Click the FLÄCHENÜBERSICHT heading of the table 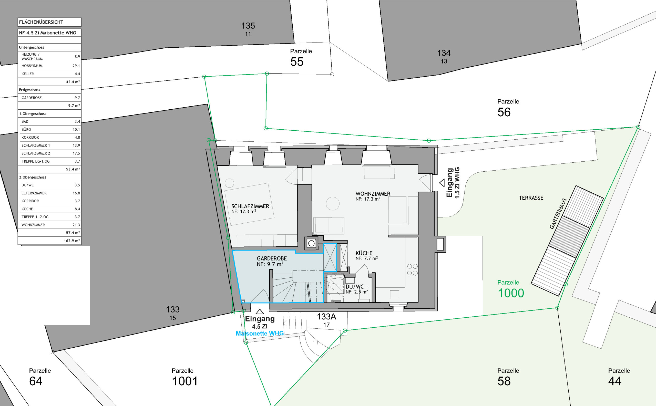(41, 22)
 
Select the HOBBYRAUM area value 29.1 (76, 66)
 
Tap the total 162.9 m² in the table (72, 241)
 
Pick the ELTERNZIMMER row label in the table (34, 193)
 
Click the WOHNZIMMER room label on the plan (373, 194)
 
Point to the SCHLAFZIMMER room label (250, 206)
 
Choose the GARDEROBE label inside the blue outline (272, 258)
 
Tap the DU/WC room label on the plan (355, 287)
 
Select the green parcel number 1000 (511, 293)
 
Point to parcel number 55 (297, 62)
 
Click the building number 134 (444, 53)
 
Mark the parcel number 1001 (185, 381)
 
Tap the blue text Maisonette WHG (260, 334)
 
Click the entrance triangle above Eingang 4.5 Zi (260, 311)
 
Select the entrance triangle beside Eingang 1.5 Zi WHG (442, 183)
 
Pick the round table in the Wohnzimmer (333, 204)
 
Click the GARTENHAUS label (558, 213)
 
